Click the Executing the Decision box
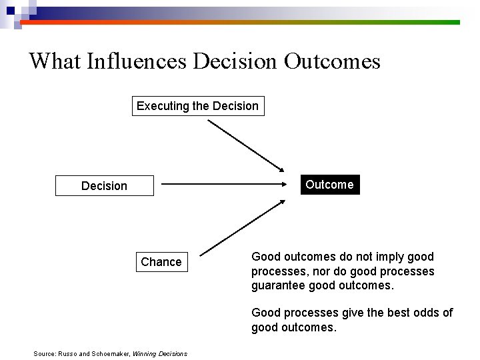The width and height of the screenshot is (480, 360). click(x=197, y=106)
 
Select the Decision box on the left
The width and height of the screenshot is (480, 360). click(x=104, y=186)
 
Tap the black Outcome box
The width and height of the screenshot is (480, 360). click(x=329, y=185)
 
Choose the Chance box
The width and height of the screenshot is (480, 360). click(x=161, y=262)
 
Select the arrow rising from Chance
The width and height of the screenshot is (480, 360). click(x=243, y=227)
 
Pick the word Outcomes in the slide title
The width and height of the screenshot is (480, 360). click(x=332, y=61)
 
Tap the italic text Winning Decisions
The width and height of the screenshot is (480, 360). click(x=160, y=354)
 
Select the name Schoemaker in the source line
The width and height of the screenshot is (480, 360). click(x=111, y=354)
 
